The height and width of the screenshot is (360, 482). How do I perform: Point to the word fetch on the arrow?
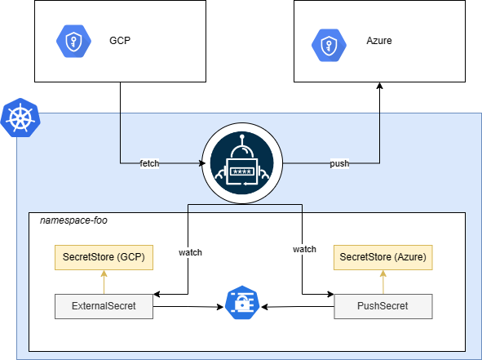[149, 163]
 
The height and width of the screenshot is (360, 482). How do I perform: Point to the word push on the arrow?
[339, 163]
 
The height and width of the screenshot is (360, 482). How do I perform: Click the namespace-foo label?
[73, 220]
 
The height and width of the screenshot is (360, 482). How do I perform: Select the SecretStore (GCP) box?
[103, 258]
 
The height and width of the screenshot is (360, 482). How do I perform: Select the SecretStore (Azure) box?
[383, 258]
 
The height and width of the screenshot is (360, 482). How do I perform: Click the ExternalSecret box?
[103, 306]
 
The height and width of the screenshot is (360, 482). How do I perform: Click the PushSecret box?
[383, 306]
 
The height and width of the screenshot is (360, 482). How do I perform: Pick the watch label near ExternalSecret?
[190, 252]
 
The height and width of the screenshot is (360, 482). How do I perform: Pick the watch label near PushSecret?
[303, 248]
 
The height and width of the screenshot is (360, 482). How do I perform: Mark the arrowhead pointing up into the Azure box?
[379, 87]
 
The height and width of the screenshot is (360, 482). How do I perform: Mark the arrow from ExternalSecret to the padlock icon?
[188, 307]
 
